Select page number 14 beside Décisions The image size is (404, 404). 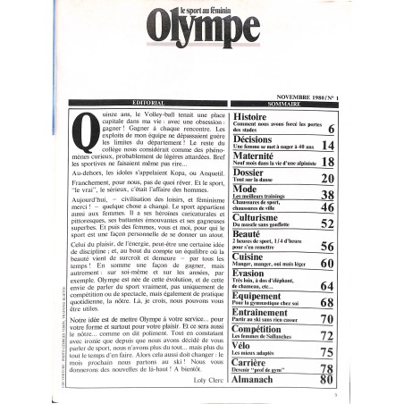(330, 144)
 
